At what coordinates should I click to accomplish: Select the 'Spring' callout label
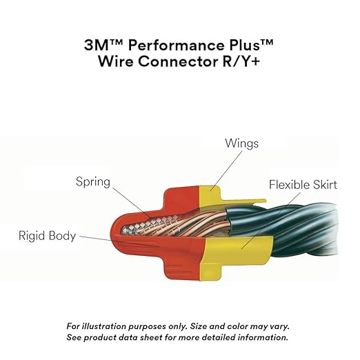tap(94, 182)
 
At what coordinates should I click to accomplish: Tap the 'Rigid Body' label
tap(47, 236)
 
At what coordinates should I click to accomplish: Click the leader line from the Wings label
tap(226, 169)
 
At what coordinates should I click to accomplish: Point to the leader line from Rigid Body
tap(97, 237)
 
